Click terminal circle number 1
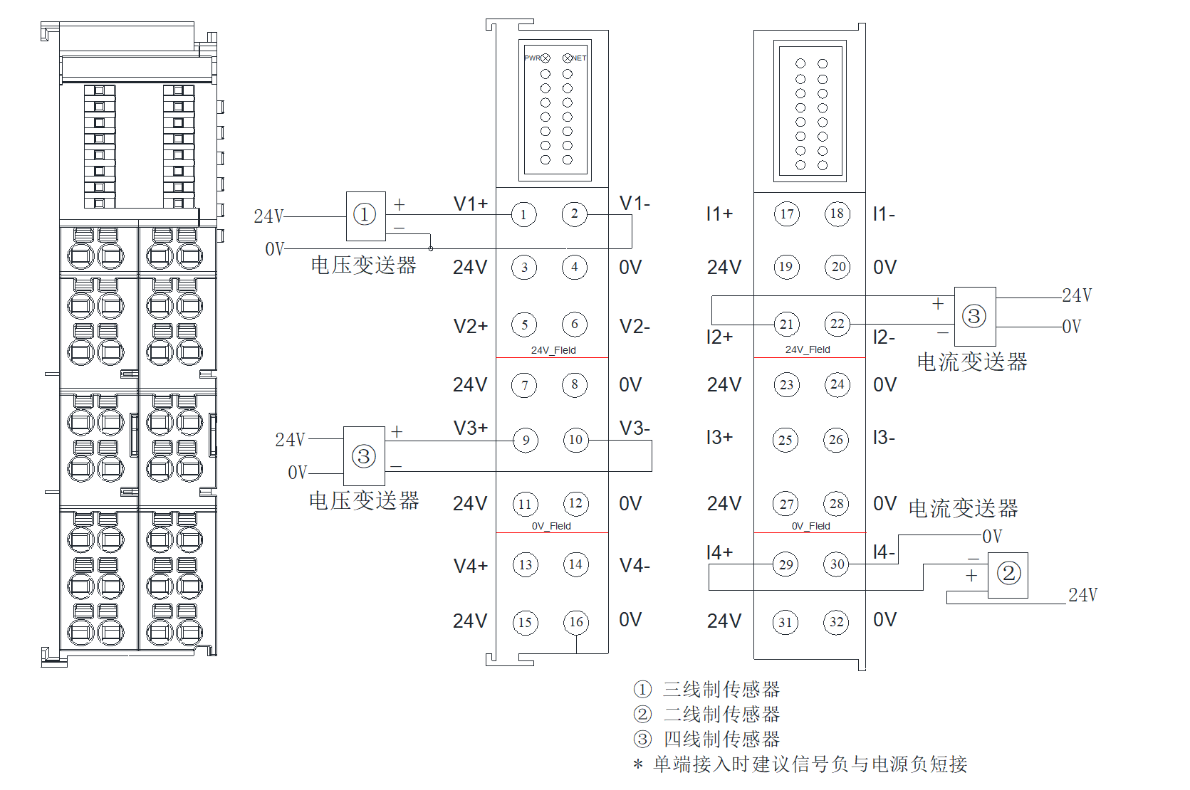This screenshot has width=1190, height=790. click(x=523, y=214)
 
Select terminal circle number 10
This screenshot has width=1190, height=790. click(x=575, y=440)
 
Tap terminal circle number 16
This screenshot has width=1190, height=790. click(x=575, y=622)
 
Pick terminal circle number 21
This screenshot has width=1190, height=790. click(x=786, y=325)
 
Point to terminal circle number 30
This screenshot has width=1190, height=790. click(x=837, y=564)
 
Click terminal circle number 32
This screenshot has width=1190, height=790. click(x=836, y=622)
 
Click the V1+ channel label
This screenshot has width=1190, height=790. click(x=471, y=204)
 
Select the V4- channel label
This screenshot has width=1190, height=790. click(x=635, y=566)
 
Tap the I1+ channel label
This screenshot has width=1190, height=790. click(x=719, y=214)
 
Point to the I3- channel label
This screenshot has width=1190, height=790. click(x=884, y=437)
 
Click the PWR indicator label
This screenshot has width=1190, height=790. click(x=532, y=58)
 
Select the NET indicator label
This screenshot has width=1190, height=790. click(x=579, y=58)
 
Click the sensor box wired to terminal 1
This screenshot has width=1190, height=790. click(x=366, y=216)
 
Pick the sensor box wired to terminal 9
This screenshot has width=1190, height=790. click(x=364, y=456)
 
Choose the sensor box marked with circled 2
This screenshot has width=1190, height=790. click(x=1008, y=574)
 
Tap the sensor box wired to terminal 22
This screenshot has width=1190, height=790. click(x=974, y=316)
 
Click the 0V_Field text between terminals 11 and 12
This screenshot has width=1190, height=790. click(x=551, y=526)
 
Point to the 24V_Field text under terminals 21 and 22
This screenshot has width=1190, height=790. click(x=808, y=349)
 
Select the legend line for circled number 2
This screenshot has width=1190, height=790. click(x=707, y=714)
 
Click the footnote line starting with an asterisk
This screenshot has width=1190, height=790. click(x=801, y=764)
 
